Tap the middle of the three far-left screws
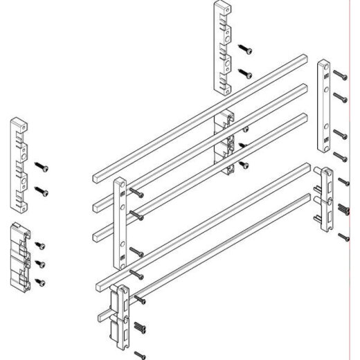[x=40, y=263]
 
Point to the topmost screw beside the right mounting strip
[x=339, y=73]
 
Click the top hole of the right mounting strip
[x=323, y=69]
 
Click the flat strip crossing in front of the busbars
[x=120, y=222]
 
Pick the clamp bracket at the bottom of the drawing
[x=122, y=315]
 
